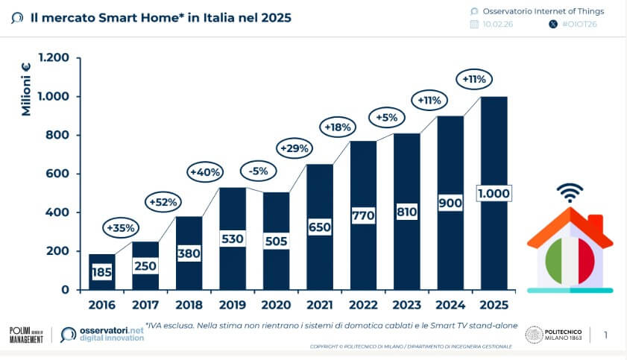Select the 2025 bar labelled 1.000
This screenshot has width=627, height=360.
coord(493,193)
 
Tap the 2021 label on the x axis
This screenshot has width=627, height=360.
coord(320,305)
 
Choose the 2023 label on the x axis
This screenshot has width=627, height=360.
coord(407,305)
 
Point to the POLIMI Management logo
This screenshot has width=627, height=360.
coord(26,335)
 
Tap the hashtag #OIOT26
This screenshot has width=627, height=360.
coord(579,25)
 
